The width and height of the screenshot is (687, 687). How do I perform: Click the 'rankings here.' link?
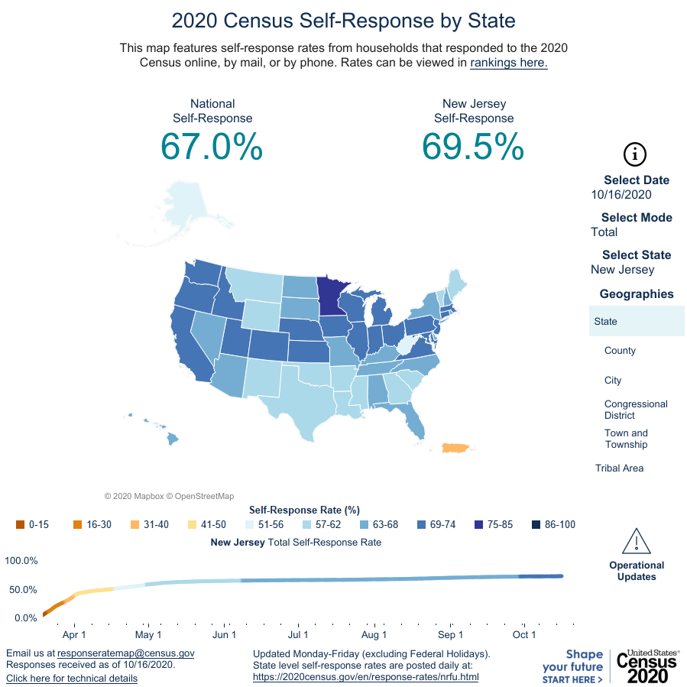pos(508,63)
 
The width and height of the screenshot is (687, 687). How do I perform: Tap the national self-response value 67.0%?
pos(212,146)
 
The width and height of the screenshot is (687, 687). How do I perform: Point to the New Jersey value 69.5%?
pos(473,146)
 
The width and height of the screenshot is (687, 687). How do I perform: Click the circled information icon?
pos(635,154)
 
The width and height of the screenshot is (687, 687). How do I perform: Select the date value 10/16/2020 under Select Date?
pos(621,195)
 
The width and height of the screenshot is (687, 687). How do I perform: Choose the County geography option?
pos(620,351)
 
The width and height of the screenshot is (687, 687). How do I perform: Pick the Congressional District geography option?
pos(636,410)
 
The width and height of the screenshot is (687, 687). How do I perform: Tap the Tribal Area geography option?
pos(619,468)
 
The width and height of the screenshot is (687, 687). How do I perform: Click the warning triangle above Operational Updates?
pos(636,541)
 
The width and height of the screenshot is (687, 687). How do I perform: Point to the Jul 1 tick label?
pos(298,635)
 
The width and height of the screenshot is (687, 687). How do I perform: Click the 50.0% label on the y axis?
pos(21,590)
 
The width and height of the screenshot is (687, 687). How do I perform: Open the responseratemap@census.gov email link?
pos(126,653)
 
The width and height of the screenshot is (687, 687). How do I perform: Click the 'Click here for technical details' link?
pos(72,679)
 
